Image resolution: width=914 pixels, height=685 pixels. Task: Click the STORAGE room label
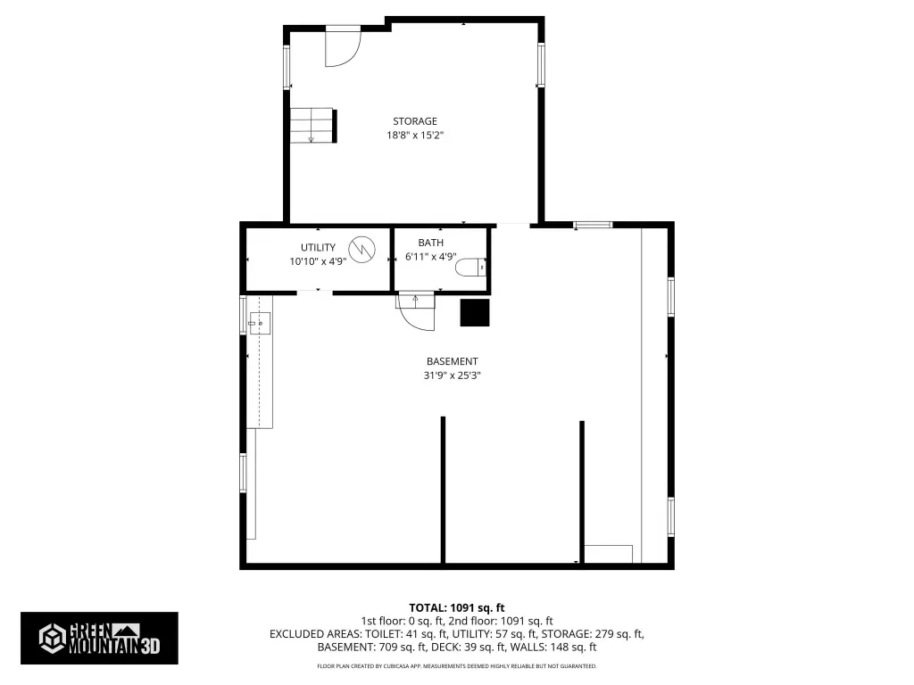point(414,121)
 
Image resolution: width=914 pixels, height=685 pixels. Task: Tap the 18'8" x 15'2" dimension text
point(414,136)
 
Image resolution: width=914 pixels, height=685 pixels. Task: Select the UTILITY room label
point(318,248)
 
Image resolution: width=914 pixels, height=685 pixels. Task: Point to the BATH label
point(431,243)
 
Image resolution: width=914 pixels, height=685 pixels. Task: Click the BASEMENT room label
point(452,361)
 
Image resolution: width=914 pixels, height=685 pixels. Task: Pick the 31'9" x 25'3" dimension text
point(452,376)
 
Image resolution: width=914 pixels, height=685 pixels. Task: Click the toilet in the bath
point(470,268)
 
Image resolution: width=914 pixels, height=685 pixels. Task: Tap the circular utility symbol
point(361,250)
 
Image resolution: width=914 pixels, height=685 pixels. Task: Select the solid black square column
point(475,313)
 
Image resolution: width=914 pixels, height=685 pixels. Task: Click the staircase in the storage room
point(313,125)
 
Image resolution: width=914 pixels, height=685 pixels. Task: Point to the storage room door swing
point(343,46)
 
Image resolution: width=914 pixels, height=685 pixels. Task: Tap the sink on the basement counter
point(260,323)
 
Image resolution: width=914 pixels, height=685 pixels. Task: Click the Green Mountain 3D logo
point(99,638)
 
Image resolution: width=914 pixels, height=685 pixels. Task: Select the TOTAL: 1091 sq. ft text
point(456,608)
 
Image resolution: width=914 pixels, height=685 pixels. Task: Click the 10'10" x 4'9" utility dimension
point(318,261)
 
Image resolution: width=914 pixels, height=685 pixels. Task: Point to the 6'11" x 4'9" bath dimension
point(431,256)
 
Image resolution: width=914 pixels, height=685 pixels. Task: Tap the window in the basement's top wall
point(593,225)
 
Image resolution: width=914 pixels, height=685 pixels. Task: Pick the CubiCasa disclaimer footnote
point(456,665)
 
